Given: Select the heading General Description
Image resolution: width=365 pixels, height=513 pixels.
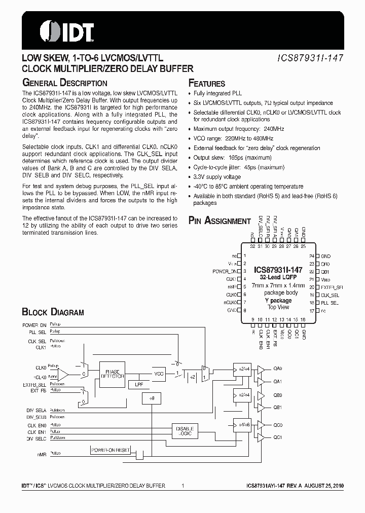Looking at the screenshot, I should click(64, 83).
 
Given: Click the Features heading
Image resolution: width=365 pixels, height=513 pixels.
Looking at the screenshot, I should click(207, 84).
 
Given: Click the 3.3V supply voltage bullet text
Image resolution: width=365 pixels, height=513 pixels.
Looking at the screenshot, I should click(217, 177).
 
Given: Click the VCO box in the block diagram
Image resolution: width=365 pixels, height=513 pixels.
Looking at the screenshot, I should click(160, 374).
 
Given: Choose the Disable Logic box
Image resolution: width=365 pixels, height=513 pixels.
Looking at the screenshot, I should click(185, 430).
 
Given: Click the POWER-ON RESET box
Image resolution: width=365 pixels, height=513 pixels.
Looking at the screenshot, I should click(110, 450).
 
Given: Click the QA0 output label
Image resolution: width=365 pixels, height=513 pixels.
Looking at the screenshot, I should click(278, 369).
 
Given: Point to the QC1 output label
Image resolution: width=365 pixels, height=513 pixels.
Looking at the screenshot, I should click(278, 437).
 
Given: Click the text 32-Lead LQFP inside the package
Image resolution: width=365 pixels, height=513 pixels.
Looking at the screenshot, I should click(278, 278).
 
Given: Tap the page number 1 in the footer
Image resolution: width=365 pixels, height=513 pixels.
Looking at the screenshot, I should click(182, 486).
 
